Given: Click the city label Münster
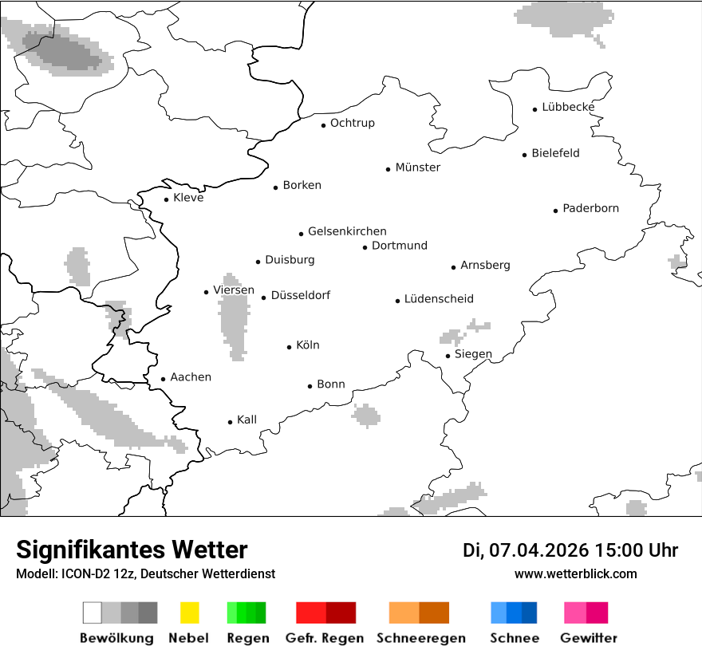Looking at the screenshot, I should coord(417,167).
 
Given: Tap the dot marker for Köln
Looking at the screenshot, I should coord(290,347).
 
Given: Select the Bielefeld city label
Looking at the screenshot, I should coord(555,153).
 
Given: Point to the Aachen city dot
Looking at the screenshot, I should coord(164,380).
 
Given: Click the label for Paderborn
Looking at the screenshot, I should coord(590,209).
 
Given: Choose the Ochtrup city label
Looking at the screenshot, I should coord(352,124).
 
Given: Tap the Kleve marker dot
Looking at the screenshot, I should coord(167,199).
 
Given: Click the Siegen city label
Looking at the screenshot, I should coord(473,354).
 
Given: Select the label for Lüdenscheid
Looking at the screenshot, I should coord(439,299).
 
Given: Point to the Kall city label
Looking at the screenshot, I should coord(246,420).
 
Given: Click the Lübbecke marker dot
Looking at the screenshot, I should coord(535,109).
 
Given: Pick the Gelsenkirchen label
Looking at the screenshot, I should coord(347,231).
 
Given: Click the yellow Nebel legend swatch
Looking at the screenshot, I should coord(189,613).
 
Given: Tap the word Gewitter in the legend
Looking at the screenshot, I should coord(588,638).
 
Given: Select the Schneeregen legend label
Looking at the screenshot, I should coord(420,638).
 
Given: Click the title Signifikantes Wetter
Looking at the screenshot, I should coord(132,550).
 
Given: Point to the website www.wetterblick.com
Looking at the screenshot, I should coord(575,574).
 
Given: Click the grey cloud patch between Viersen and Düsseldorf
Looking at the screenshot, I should coord(234,319).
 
